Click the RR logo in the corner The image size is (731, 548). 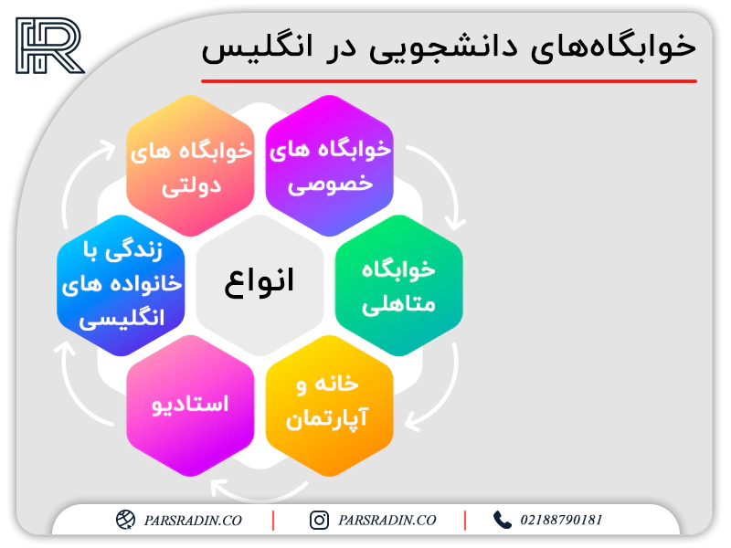50,46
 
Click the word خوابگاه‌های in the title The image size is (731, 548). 613,47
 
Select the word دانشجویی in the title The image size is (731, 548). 443,48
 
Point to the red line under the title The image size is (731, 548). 449,81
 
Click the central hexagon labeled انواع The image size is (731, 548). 260,285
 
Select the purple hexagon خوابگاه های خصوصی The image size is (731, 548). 330,165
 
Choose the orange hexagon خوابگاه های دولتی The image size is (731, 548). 190,165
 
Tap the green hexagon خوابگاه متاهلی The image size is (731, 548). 399,285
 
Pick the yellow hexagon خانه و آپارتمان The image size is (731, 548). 330,406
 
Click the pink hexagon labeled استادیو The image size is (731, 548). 190,406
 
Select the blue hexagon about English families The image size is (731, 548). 121,285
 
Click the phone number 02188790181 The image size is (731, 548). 561,520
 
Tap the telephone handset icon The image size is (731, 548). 502,520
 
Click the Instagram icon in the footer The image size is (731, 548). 319,520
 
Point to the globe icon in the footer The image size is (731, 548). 125,520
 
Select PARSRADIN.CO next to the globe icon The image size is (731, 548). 193,521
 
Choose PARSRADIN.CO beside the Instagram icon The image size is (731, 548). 387,521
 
